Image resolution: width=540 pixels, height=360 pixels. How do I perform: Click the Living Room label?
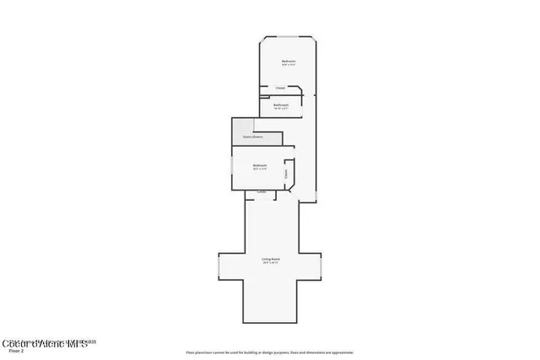point(270,259)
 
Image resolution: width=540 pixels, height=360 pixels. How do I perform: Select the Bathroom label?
point(281,105)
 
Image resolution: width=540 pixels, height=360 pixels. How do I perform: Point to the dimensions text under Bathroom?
point(281,109)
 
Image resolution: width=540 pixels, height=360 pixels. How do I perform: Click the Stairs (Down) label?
point(252,135)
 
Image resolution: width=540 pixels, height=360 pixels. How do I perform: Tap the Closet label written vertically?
point(287,175)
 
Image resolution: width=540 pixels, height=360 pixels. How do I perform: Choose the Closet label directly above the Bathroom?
point(280,88)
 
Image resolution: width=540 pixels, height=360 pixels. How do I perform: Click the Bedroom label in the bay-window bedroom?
point(289,61)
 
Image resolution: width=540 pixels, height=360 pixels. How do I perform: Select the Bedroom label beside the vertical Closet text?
point(260,165)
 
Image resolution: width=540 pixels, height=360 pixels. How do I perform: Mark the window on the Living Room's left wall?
point(219,266)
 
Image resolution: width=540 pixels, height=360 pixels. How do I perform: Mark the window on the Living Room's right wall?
point(321,266)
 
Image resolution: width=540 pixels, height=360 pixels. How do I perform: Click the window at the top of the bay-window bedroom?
point(288,37)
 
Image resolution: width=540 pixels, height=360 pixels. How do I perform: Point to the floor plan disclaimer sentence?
point(270,352)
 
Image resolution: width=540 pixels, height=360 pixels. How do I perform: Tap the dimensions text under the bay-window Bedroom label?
point(289,65)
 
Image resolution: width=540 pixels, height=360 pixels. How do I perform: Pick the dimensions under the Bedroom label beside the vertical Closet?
point(260,169)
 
